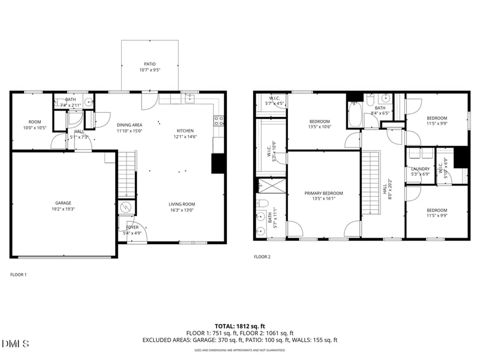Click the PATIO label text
click(x=149, y=64)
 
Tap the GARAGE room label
click(x=64, y=203)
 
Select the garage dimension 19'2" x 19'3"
click(x=64, y=210)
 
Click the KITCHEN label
click(x=185, y=130)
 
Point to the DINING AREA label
click(x=129, y=124)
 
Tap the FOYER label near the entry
click(x=132, y=227)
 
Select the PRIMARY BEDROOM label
click(x=323, y=193)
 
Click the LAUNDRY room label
click(x=420, y=169)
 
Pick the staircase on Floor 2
click(x=372, y=183)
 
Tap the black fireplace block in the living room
click(x=218, y=164)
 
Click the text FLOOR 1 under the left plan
click(x=19, y=274)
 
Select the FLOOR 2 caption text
click(x=262, y=257)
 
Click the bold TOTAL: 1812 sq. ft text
click(x=240, y=326)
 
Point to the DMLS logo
click(x=16, y=344)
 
